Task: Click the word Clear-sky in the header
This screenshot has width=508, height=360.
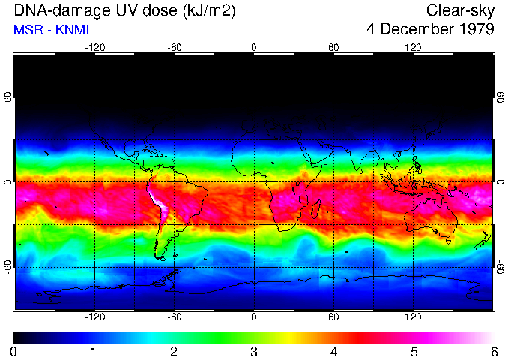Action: pos(460,10)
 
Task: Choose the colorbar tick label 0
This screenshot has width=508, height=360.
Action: pos(13,351)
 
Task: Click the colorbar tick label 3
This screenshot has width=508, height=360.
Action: pos(253,351)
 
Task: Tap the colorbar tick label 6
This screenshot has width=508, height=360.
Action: pos(493,351)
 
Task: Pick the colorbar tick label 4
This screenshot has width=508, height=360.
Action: pos(333,351)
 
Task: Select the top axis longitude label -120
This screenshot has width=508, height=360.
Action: pos(94,47)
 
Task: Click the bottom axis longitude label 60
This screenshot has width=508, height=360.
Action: pos(333,317)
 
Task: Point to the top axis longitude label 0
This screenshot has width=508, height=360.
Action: pos(254,47)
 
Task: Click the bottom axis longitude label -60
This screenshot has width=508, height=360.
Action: pos(174,317)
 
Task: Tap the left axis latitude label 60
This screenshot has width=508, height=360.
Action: pos(7,97)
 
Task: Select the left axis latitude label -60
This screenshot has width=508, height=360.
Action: pos(7,267)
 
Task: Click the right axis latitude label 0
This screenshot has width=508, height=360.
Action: pos(501,182)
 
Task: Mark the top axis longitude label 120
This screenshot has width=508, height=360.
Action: pos(413,47)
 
